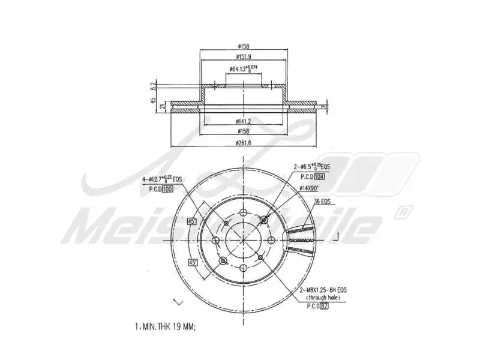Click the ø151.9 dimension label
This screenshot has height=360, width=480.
coord(243,56)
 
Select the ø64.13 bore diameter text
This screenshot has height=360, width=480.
coord(243,68)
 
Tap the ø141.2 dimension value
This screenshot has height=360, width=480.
coord(243,121)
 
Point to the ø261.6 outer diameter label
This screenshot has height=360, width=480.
coord(243,142)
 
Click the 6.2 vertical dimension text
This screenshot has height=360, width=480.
coord(154,85)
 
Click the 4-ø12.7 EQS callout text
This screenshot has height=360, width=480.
coord(161,179)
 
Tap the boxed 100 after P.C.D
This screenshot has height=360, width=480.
coord(167,188)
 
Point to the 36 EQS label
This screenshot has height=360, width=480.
coord(322,202)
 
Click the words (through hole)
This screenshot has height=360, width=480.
coord(323,298)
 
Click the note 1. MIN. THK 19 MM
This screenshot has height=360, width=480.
coord(166,327)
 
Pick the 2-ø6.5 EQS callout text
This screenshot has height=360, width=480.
coord(311,166)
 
